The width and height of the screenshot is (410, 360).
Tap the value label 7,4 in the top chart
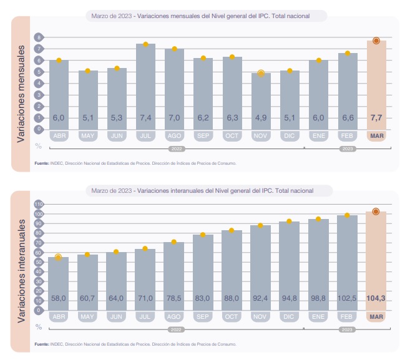[x=145, y=118]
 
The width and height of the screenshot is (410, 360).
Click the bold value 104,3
[x=376, y=298]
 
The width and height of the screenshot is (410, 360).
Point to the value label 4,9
[x=261, y=118]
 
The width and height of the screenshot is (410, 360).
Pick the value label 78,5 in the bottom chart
[x=174, y=298]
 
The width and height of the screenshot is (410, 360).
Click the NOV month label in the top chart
[x=261, y=135]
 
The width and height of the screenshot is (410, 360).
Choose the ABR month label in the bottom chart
[x=59, y=316]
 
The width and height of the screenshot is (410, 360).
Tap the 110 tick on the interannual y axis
[x=39, y=204]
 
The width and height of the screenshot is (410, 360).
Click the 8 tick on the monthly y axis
[x=39, y=37]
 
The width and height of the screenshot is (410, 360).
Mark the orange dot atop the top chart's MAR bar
[x=376, y=41]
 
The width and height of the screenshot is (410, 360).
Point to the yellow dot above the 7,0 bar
[x=175, y=49]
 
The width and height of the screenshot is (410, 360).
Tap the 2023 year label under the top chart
[x=348, y=149]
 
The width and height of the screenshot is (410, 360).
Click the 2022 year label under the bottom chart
[x=175, y=329]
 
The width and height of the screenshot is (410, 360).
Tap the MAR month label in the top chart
[x=376, y=135]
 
